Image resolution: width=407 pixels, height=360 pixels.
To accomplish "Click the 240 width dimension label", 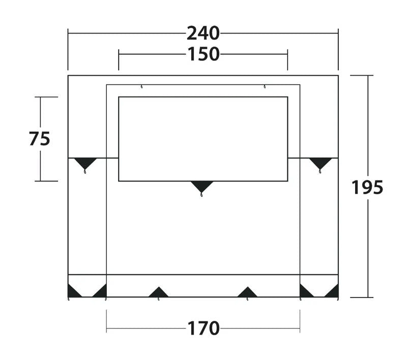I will click(203, 34).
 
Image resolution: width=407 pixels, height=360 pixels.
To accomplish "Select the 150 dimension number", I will click(203, 54).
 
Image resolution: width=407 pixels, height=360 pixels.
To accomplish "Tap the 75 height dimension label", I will click(40, 138).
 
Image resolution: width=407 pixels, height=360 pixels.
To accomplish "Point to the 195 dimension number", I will click(367, 188).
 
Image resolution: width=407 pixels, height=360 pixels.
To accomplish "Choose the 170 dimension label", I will click(203, 328).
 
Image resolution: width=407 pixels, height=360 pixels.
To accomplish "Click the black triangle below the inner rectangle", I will click(201, 187).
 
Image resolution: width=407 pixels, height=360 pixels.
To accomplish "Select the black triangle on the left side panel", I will click(85, 163).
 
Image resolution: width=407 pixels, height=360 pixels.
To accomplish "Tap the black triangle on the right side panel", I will click(321, 163).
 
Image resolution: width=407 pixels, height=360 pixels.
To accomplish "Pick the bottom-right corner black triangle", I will click(333, 291).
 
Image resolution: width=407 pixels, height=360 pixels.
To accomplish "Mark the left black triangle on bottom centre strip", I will click(158, 292).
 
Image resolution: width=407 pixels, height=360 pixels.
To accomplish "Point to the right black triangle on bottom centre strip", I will click(247, 292).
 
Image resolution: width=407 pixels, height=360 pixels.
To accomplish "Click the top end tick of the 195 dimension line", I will click(362, 75).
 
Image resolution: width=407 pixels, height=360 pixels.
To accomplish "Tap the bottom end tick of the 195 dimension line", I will click(362, 297).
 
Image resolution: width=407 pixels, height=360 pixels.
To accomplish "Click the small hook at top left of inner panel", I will click(141, 86).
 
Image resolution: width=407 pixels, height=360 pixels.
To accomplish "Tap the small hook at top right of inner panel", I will click(265, 86).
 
